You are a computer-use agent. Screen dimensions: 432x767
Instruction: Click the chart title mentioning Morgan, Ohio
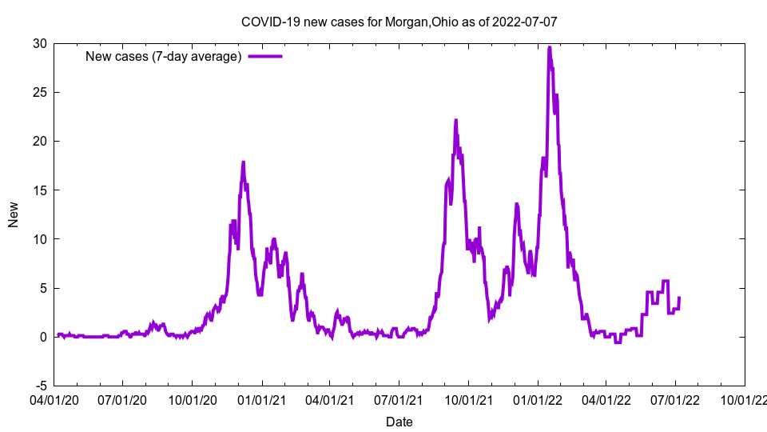coord(399,22)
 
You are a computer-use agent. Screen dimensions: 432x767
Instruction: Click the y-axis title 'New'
coord(14,214)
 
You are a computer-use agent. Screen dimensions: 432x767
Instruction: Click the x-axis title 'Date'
coord(399,422)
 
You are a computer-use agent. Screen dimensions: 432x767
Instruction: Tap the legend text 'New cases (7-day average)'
coord(164,56)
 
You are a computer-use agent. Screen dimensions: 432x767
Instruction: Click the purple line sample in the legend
coord(265,56)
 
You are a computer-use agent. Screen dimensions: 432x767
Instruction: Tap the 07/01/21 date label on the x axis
coord(399,398)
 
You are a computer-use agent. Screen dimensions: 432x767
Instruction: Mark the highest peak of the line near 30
coord(550,47)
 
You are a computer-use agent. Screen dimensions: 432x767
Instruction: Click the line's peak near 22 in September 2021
coord(455,120)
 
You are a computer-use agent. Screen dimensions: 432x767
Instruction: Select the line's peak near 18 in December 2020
coord(243,162)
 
